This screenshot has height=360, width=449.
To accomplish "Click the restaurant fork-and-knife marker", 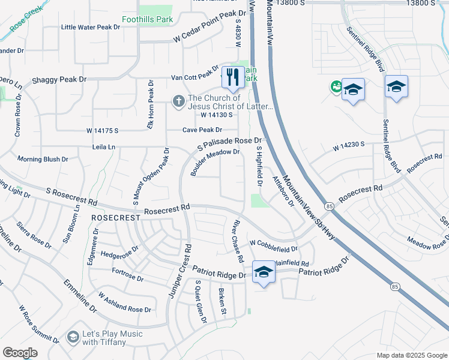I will pos(231,77).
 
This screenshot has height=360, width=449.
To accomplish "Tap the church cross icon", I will pos(178,101).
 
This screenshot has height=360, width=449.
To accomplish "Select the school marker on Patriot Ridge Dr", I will pos(263,272).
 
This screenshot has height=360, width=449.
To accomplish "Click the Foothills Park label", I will pos(147,20).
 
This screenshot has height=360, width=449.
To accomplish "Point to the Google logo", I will pos(20,353).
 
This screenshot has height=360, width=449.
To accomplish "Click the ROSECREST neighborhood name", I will pos(112,217).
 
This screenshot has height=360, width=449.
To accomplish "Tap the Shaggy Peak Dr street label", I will pos(59,79).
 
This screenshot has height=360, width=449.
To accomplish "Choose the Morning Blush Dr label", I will pos(43,160).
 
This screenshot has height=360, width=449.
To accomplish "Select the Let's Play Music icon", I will pos(73,338).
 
